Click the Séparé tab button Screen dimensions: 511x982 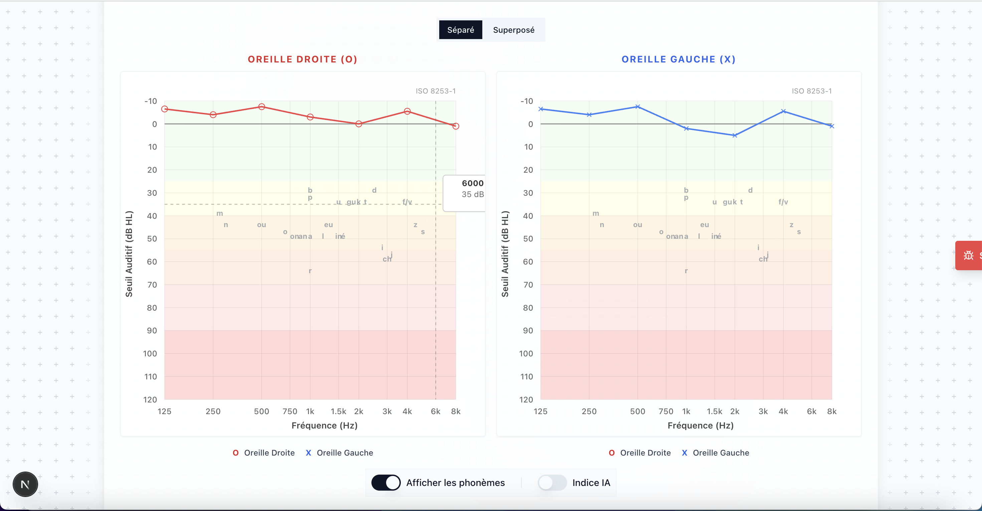pyautogui.click(x=461, y=30)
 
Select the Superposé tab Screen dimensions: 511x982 pyautogui.click(x=513, y=30)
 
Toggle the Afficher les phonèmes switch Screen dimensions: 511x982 pyautogui.click(x=386, y=482)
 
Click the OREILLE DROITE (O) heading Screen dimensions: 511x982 pyautogui.click(x=302, y=59)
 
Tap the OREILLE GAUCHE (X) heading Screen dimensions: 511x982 pyautogui.click(x=678, y=59)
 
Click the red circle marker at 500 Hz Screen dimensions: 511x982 pyautogui.click(x=262, y=107)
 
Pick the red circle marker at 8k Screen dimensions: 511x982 pyautogui.click(x=456, y=126)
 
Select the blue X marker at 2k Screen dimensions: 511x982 pyautogui.click(x=734, y=135)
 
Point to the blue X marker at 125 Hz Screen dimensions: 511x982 pyautogui.click(x=540, y=109)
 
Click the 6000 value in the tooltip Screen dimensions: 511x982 pyautogui.click(x=472, y=183)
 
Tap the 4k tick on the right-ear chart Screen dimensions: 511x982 pyautogui.click(x=407, y=411)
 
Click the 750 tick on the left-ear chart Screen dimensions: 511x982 pyautogui.click(x=666, y=411)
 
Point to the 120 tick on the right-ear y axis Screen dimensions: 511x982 pyautogui.click(x=150, y=399)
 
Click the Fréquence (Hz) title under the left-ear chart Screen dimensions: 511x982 pyautogui.click(x=700, y=425)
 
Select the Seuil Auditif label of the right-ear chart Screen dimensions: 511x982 pyautogui.click(x=129, y=254)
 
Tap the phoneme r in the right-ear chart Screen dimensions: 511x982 pyautogui.click(x=310, y=271)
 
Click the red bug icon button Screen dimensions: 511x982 pyautogui.click(x=968, y=255)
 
